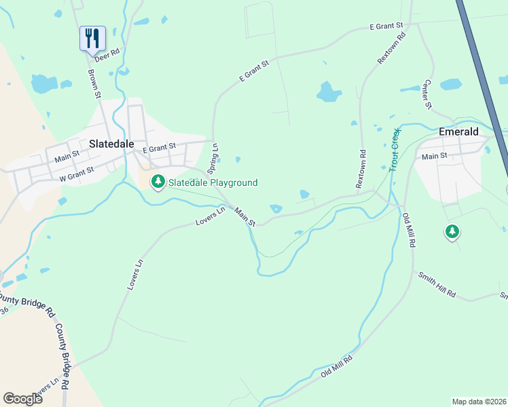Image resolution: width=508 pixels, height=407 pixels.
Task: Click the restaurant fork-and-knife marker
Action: [92, 38]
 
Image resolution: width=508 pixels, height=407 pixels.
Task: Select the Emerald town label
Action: [458, 132]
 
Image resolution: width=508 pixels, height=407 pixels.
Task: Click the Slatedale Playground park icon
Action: [158, 182]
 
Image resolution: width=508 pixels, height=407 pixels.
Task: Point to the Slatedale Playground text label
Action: [213, 182]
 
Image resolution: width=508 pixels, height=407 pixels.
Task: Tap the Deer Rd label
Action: [107, 54]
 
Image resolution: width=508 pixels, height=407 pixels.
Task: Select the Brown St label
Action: [94, 84]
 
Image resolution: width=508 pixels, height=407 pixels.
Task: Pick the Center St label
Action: [428, 94]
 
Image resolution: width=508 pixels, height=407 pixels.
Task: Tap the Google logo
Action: [22, 399]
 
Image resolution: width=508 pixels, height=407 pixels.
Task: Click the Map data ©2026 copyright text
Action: [479, 401]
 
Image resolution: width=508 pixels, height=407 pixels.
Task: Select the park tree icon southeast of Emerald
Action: [452, 232]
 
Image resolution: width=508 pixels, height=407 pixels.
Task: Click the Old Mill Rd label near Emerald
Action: [409, 230]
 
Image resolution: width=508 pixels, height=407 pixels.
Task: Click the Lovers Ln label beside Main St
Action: [210, 217]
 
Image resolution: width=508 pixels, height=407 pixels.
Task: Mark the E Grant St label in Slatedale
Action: [159, 147]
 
